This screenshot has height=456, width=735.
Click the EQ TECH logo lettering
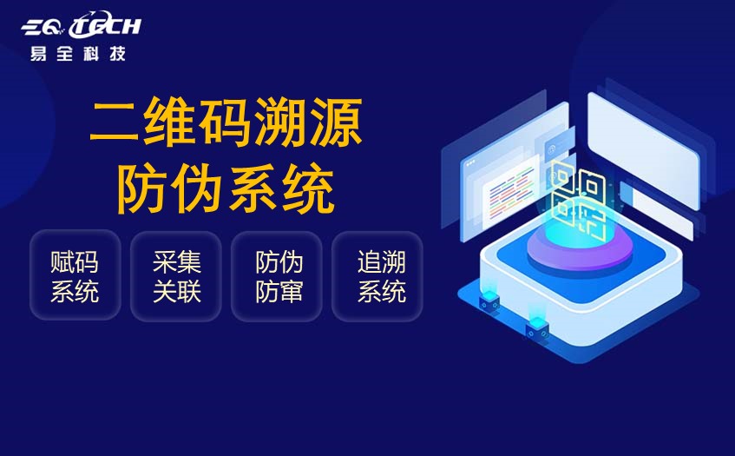(81, 27)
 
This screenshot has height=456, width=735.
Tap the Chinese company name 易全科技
(77, 54)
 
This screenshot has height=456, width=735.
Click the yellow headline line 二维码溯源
(226, 124)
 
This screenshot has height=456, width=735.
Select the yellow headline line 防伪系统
(226, 189)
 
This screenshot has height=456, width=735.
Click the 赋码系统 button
(75, 276)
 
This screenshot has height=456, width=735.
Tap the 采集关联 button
(176, 276)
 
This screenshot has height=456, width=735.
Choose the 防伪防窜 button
(278, 276)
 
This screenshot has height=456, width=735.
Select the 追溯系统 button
(380, 276)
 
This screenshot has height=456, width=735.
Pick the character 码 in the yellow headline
(226, 124)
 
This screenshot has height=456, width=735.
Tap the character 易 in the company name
(39, 54)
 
